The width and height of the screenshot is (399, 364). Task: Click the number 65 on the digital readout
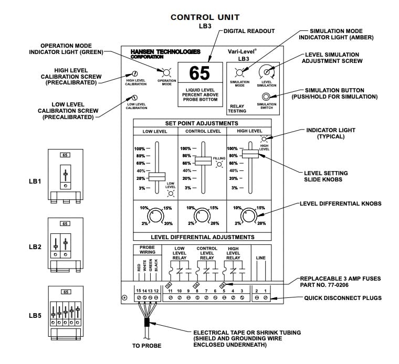(x=199, y=73)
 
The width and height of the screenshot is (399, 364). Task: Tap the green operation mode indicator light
(x=167, y=72)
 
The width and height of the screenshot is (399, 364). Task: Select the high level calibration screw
(x=135, y=74)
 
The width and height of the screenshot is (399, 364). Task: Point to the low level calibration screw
(x=134, y=98)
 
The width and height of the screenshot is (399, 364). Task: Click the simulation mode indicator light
(x=239, y=72)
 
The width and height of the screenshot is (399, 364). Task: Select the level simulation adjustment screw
(x=267, y=72)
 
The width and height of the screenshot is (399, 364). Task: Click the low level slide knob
(x=156, y=177)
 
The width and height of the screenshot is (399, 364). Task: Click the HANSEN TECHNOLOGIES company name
(x=165, y=52)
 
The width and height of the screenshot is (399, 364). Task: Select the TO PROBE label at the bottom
(x=146, y=346)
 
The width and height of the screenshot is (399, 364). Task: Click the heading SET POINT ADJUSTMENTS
(x=202, y=123)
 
